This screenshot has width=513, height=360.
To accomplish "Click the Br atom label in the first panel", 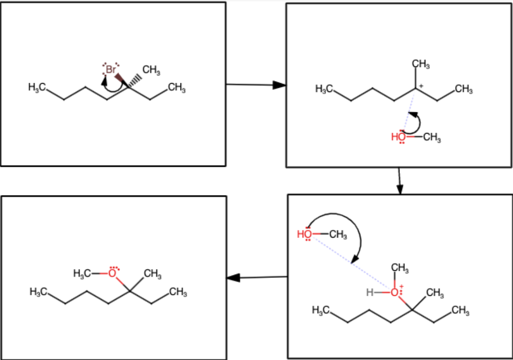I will (x=111, y=70).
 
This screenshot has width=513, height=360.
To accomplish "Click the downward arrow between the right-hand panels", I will (x=399, y=181).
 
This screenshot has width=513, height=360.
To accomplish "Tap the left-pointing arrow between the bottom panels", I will (x=256, y=278).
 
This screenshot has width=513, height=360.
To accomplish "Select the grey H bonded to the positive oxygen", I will (x=369, y=292).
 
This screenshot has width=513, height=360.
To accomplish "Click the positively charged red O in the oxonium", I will (x=394, y=292).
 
